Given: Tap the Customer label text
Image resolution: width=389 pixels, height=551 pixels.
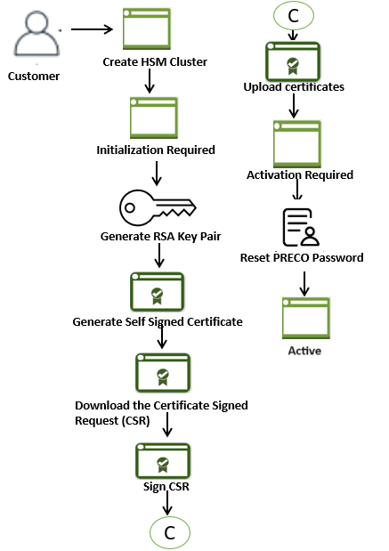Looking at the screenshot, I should click(34, 76).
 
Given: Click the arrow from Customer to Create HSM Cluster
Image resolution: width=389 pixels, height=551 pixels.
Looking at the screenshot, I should click(92, 29).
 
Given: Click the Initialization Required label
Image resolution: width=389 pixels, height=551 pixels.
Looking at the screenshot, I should click(156, 150).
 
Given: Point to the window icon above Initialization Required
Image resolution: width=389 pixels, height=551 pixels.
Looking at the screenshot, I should click(153, 116).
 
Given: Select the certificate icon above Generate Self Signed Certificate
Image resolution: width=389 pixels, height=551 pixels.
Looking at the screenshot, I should click(158, 292).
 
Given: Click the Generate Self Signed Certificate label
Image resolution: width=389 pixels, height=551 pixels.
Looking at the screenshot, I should click(158, 320).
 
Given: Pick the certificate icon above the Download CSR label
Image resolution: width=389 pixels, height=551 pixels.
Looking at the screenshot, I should click(162, 373).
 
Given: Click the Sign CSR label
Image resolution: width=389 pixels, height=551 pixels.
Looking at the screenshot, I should click(166, 488).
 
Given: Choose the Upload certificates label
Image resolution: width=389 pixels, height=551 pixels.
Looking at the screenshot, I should click(294, 86).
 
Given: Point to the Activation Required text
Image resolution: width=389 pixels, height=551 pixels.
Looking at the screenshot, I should click(300, 174).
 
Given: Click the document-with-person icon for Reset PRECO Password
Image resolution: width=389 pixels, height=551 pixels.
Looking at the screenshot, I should click(301, 228).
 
